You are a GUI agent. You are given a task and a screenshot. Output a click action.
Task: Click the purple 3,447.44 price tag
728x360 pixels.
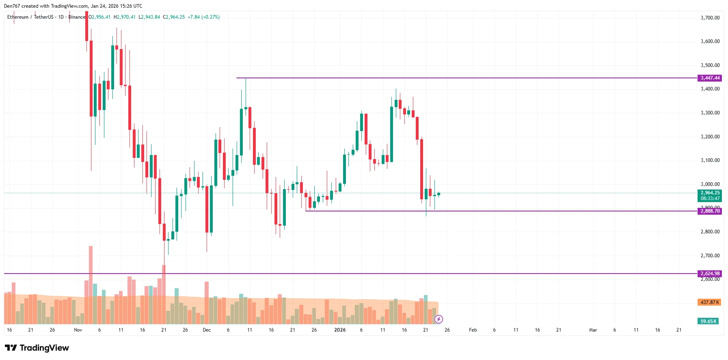pyautogui.click(x=709, y=78)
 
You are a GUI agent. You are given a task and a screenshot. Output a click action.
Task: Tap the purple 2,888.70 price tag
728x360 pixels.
pyautogui.click(x=709, y=211)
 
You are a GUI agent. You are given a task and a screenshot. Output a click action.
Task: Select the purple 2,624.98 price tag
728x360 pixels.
pyautogui.click(x=709, y=274)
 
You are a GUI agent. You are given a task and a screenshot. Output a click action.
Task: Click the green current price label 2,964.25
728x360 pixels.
pyautogui.click(x=709, y=193)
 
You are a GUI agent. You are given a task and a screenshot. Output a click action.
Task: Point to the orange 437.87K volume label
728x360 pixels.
pyautogui.click(x=709, y=302)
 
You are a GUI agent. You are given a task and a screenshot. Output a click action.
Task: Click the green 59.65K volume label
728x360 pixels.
pyautogui.click(x=708, y=321)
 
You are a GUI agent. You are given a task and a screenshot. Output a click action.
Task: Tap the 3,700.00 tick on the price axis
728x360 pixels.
pyautogui.click(x=710, y=18)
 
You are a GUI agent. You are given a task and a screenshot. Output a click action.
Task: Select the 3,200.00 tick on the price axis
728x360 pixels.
pyautogui.click(x=710, y=137)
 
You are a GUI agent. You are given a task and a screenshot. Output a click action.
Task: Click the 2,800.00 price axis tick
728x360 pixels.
pyautogui.click(x=710, y=232)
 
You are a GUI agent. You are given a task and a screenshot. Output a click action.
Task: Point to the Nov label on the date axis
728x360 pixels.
pyautogui.click(x=78, y=330)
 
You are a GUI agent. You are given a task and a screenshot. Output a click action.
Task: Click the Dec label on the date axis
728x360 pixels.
pyautogui.click(x=207, y=330)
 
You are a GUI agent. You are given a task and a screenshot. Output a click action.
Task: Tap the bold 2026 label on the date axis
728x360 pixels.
pyautogui.click(x=340, y=330)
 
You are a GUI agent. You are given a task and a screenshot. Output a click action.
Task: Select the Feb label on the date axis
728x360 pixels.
pyautogui.click(x=473, y=330)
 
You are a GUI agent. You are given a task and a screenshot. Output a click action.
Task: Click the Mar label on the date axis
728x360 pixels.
pyautogui.click(x=593, y=330)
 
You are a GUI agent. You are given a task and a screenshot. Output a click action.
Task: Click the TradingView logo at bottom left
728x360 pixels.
pyautogui.click(x=37, y=348)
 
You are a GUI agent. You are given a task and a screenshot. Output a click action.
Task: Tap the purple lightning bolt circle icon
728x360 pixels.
pyautogui.click(x=439, y=319)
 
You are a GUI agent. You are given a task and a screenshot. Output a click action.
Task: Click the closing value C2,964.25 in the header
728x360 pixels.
pyautogui.click(x=174, y=17)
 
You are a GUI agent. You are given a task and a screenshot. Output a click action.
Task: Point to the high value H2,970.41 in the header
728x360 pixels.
pyautogui.click(x=125, y=17)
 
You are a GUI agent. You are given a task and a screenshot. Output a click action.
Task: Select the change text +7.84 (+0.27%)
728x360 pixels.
pyautogui.click(x=203, y=17)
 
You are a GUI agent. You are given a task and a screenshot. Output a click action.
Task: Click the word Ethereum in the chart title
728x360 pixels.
pyautogui.click(x=18, y=17)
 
